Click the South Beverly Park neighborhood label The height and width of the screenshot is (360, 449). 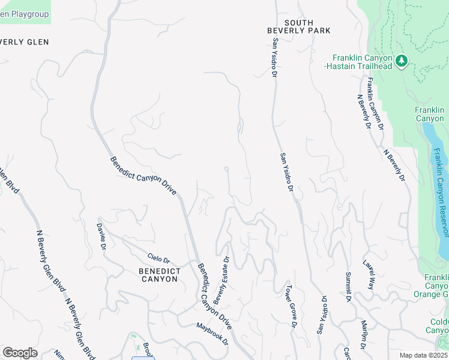click(x=291, y=27)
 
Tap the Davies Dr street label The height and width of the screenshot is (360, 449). click(x=101, y=236)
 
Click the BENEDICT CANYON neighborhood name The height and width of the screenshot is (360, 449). click(x=158, y=275)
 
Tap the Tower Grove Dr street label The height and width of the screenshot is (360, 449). click(x=291, y=307)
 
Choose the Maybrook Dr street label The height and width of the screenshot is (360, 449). click(x=212, y=333)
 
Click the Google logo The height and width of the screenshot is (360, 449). click(x=20, y=352)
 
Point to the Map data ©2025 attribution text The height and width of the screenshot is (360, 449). click(x=424, y=355)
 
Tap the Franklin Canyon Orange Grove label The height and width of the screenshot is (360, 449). click(x=436, y=286)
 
